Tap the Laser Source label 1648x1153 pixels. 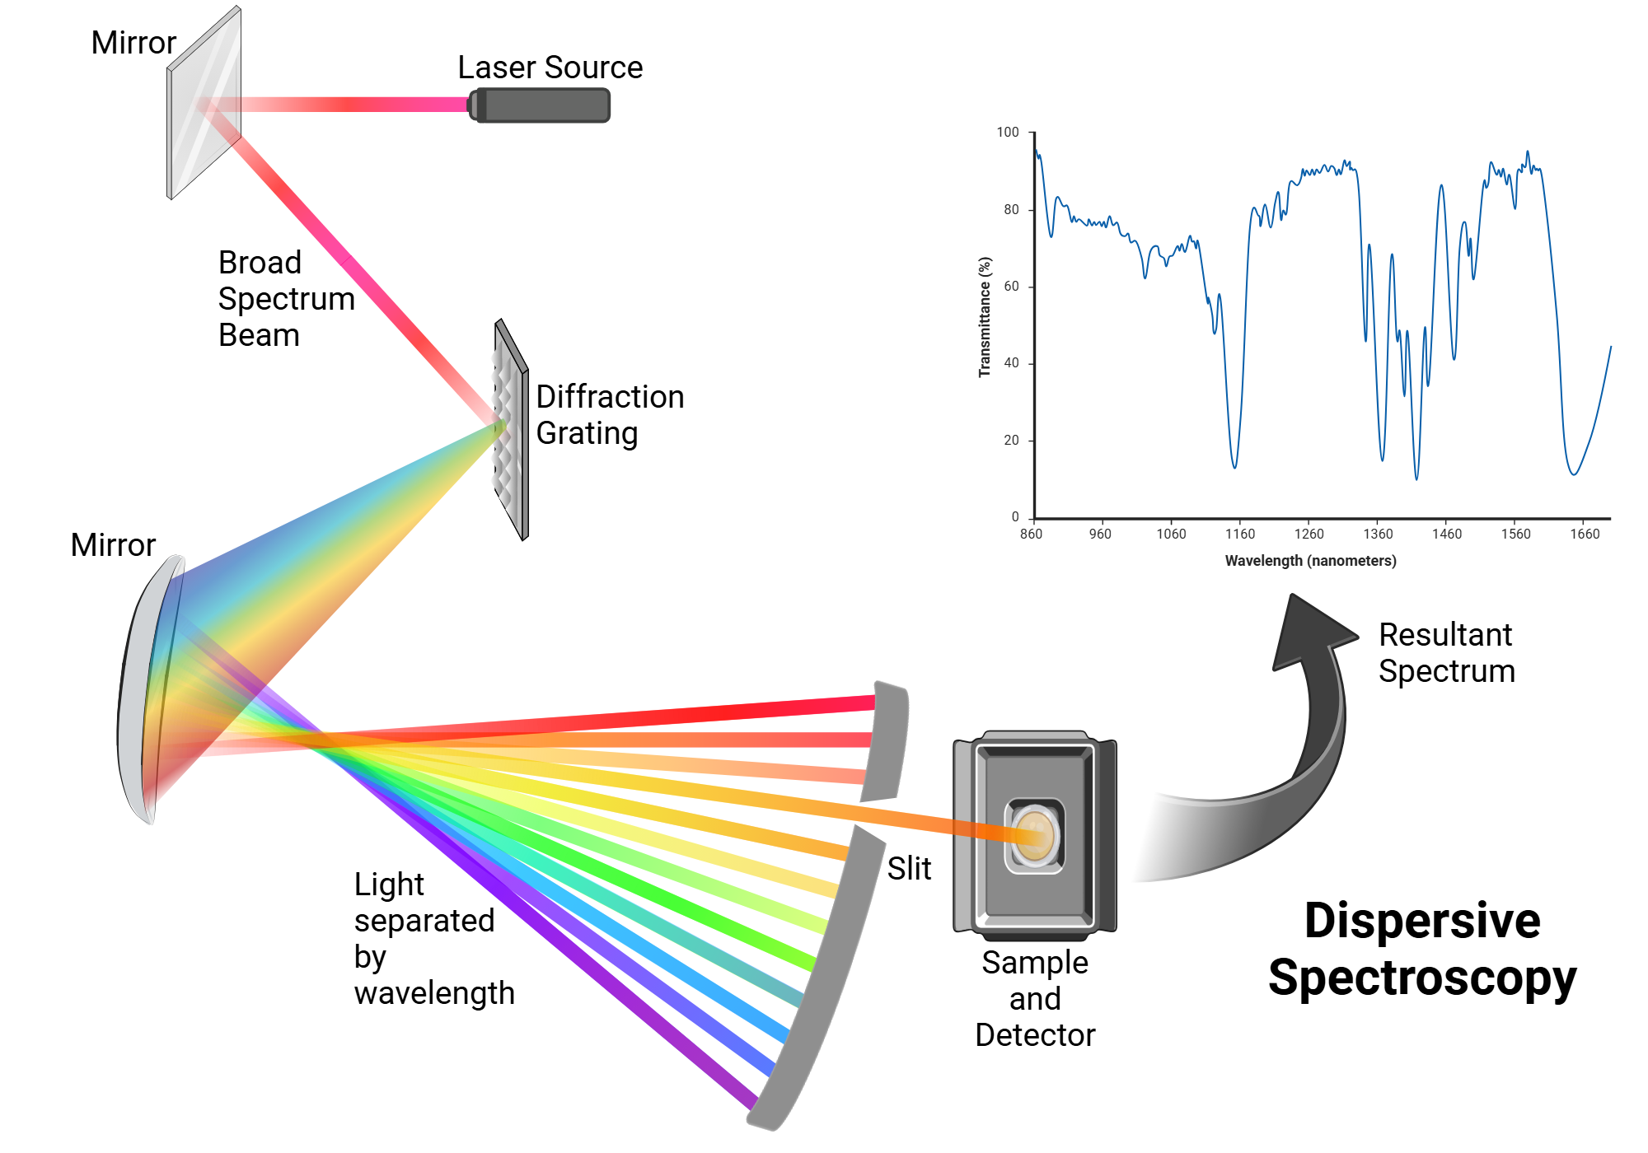550,68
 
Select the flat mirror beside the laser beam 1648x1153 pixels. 204,103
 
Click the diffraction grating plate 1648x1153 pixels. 511,428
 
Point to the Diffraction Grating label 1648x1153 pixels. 610,415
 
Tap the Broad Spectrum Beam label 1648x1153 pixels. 285,298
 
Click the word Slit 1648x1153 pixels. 909,868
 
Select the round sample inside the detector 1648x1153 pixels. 1034,835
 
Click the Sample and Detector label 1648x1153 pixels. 1035,998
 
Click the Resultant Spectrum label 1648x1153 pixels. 1446,652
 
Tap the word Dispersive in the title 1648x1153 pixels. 1421,920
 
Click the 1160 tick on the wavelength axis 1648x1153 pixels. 1240,534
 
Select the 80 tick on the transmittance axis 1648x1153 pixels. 1011,209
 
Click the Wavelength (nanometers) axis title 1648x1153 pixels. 1310,561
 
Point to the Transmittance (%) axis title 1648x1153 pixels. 985,317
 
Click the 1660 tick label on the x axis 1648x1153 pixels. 1585,534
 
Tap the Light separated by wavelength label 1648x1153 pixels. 433,939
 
